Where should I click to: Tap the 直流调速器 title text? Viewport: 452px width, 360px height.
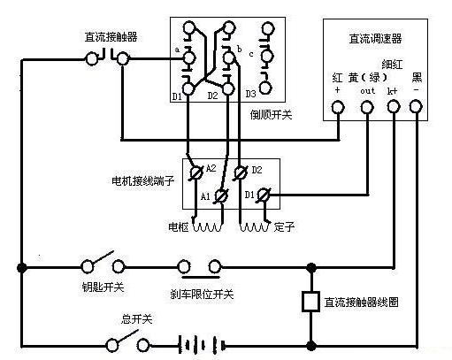pyautogui.click(x=374, y=39)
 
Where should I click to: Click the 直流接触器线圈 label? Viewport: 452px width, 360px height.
pyautogui.click(x=361, y=302)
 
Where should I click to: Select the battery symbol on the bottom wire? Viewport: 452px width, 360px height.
pyautogui.click(x=198, y=342)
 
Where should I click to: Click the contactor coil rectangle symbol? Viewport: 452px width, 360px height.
pyautogui.click(x=310, y=302)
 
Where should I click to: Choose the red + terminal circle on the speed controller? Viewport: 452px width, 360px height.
pyautogui.click(x=337, y=108)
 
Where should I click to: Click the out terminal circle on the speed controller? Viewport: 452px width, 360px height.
pyautogui.click(x=367, y=108)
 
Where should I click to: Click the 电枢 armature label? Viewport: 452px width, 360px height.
pyautogui.click(x=180, y=227)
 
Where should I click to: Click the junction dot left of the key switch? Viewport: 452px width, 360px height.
pyautogui.click(x=21, y=265)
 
